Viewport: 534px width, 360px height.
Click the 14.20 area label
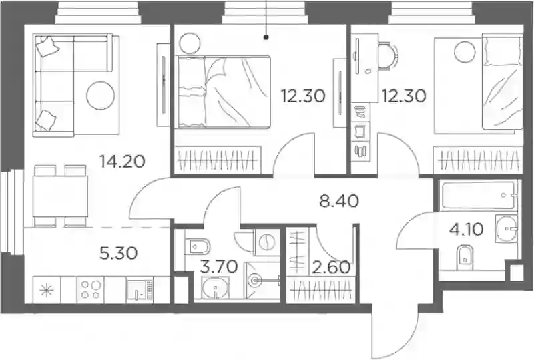click(x=122, y=161)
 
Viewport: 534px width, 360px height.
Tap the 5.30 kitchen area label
click(x=119, y=253)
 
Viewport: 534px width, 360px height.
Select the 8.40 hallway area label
click(x=339, y=201)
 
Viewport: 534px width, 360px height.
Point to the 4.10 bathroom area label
click(x=466, y=230)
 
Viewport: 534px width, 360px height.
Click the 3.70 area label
click(x=219, y=266)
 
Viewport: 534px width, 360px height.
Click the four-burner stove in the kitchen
click(x=91, y=289)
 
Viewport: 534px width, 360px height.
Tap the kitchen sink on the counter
click(x=140, y=290)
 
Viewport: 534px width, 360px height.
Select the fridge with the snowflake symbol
click(x=47, y=289)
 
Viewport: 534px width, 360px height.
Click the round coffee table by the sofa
click(x=101, y=95)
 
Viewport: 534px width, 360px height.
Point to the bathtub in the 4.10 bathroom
click(x=477, y=195)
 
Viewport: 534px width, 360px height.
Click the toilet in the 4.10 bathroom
click(x=464, y=256)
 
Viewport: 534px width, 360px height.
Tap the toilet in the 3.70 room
click(x=199, y=246)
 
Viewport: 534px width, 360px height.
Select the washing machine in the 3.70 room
click(x=266, y=242)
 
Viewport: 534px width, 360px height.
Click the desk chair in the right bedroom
click(x=388, y=57)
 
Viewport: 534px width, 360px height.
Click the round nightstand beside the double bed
click(x=190, y=43)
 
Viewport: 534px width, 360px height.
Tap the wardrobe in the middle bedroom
click(x=218, y=160)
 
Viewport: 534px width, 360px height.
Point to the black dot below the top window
click(x=266, y=37)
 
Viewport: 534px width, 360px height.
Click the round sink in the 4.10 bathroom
click(x=506, y=227)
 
